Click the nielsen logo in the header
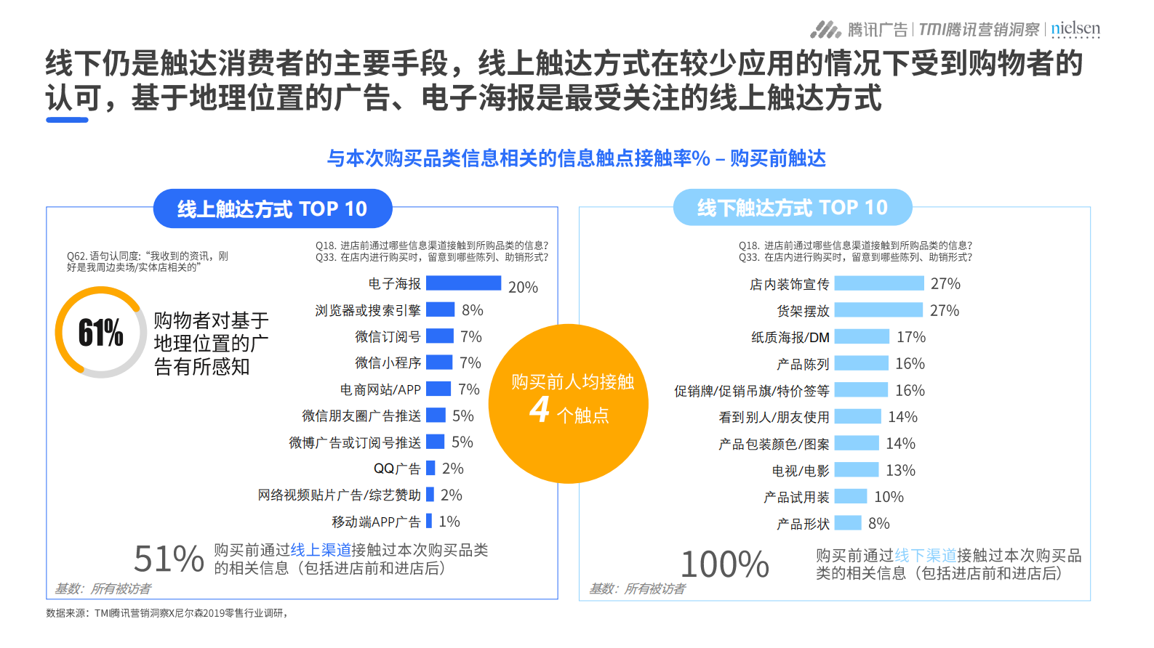click(x=1075, y=29)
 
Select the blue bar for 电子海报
click(x=463, y=283)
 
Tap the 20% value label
click(x=523, y=287)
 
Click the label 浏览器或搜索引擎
click(x=368, y=310)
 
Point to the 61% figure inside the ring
click(x=100, y=333)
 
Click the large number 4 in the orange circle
click(x=539, y=410)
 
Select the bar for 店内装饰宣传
click(x=878, y=283)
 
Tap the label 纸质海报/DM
click(x=790, y=337)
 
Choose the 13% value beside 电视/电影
click(x=900, y=470)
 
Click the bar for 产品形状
click(x=848, y=523)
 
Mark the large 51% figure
click(x=169, y=559)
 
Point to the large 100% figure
click(x=724, y=564)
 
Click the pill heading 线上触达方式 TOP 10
click(x=273, y=209)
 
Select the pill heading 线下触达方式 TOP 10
click(x=793, y=208)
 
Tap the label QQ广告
click(x=397, y=469)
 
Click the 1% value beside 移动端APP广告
click(x=449, y=522)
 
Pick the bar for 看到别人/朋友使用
click(x=857, y=417)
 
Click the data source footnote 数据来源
click(x=167, y=613)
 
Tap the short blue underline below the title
click(x=67, y=120)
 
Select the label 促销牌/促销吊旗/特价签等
click(x=751, y=391)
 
